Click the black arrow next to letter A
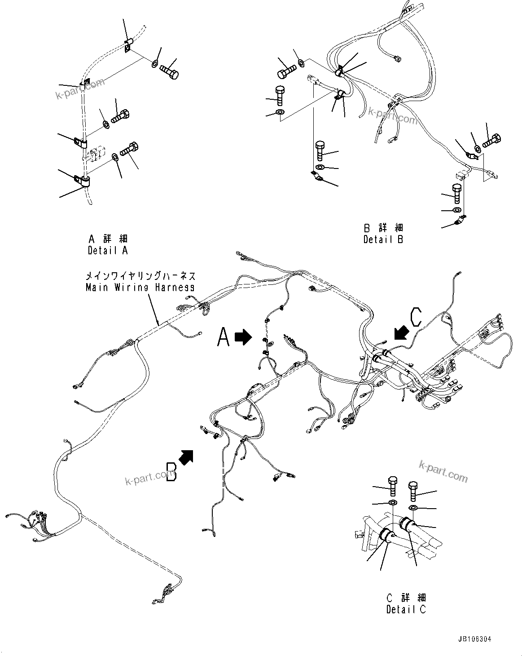pyautogui.click(x=243, y=337)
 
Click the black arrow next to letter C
pyautogui.click(x=401, y=333)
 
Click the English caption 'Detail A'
pyautogui.click(x=108, y=250)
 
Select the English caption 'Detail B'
pyautogui.click(x=383, y=239)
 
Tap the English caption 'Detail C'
pyautogui.click(x=406, y=609)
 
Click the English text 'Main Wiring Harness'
pyautogui.click(x=140, y=287)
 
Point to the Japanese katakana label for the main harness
pyautogui.click(x=140, y=276)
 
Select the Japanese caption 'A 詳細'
pyautogui.click(x=108, y=239)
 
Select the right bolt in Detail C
pyautogui.click(x=413, y=491)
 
